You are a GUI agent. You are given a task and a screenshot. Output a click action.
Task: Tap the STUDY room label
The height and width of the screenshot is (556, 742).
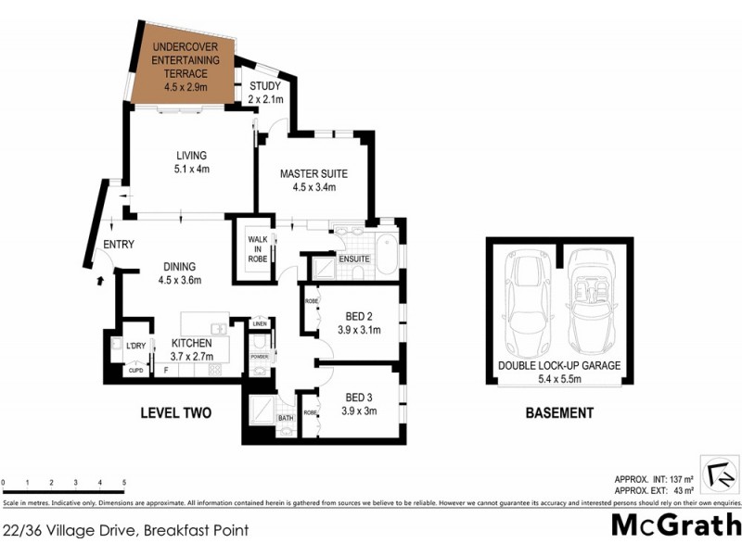coord(264,87)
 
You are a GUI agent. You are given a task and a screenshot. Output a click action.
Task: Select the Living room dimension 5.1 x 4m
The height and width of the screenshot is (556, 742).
coord(192,170)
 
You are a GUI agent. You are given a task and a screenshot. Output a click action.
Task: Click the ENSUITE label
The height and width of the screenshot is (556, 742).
coord(354,259)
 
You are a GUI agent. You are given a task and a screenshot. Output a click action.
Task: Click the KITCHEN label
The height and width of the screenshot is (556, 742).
coord(191,343)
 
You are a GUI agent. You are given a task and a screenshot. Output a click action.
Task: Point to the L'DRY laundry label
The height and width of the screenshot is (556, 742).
coord(136,347)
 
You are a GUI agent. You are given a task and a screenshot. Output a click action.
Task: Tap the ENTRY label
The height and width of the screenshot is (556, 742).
coord(119,245)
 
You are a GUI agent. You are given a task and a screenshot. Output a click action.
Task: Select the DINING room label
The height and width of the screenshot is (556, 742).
coord(180,267)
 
